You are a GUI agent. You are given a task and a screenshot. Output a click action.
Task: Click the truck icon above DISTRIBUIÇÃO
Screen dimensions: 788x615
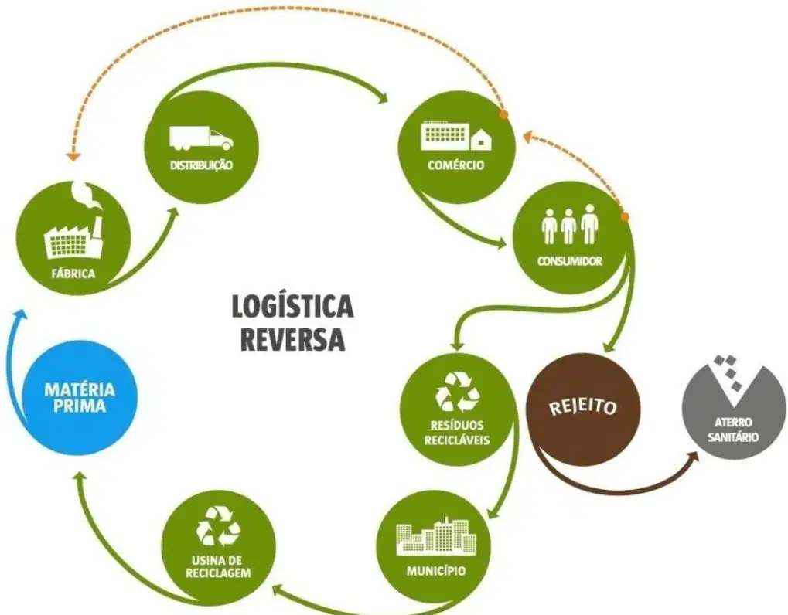pos(201,138)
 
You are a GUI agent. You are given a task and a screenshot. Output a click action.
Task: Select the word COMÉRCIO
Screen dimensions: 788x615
pos(456,165)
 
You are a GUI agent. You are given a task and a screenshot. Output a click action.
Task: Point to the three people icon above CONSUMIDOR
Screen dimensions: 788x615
pos(570,224)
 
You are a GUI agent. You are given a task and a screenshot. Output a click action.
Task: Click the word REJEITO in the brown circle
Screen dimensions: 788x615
pos(583,406)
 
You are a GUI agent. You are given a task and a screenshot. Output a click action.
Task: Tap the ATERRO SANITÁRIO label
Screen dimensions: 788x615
pos(733,430)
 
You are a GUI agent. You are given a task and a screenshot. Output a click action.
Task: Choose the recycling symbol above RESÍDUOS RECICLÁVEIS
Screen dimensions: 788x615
pos(457,392)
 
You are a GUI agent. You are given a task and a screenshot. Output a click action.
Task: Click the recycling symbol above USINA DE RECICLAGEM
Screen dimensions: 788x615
pos(219,525)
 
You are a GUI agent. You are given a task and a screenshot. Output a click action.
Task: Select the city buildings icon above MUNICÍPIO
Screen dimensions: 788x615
pos(436,536)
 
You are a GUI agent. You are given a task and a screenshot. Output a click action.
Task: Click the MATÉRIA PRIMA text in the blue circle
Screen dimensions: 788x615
pos(80,398)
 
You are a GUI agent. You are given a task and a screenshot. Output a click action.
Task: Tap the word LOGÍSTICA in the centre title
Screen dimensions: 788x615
pos(292,307)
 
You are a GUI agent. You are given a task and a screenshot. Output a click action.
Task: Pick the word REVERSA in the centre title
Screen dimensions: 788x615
pos(292,339)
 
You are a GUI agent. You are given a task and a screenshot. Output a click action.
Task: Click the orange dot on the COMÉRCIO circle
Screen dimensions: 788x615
pos(503,115)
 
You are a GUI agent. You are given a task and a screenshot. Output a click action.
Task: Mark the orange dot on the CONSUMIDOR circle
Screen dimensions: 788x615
pos(625,216)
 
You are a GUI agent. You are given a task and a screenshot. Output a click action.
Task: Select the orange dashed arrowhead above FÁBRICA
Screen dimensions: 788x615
pos(74,156)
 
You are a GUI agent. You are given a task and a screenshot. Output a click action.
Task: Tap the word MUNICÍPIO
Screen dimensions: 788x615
pos(436,571)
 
